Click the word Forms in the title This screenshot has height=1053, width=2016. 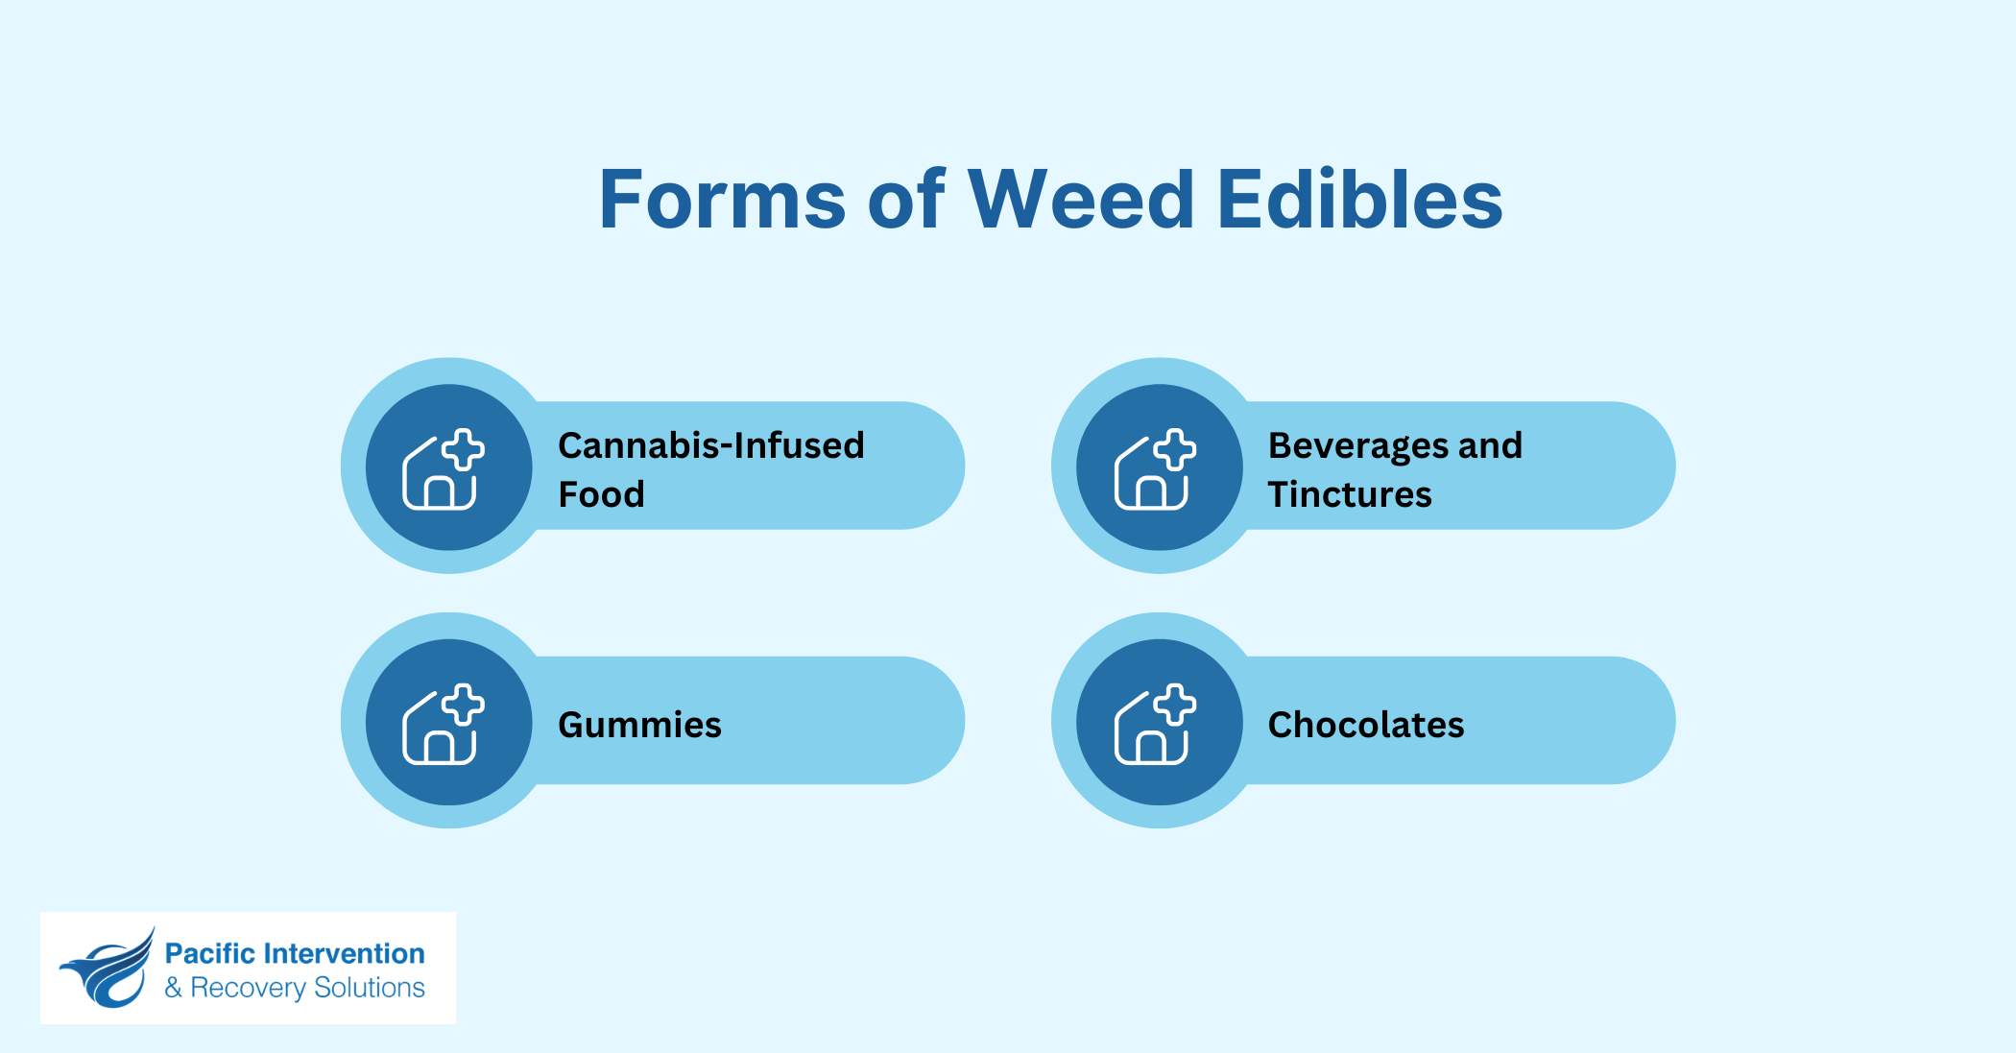(x=722, y=200)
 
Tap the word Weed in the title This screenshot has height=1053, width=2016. (x=1081, y=200)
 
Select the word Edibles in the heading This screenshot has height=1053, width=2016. (x=1359, y=200)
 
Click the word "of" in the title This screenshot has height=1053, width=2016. (x=906, y=200)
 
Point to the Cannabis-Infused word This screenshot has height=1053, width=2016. (x=711, y=445)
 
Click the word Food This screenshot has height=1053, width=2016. (x=601, y=494)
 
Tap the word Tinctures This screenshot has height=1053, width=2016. (x=1350, y=494)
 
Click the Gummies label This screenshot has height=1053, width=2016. (x=639, y=725)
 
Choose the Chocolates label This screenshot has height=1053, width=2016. (x=1366, y=725)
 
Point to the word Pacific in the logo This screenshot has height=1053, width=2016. (x=209, y=953)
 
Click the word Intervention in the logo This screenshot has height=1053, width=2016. (x=344, y=953)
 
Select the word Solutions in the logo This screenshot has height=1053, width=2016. (x=370, y=988)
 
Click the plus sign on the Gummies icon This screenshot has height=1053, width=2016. (x=464, y=704)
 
